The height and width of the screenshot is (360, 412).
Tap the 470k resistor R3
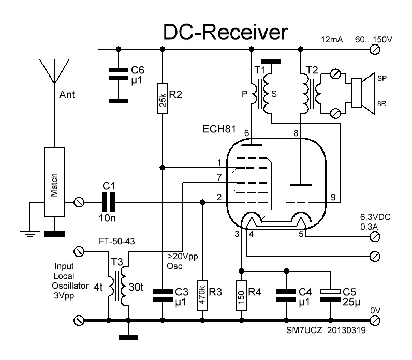pos(203,294)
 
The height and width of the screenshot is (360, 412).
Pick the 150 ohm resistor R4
pos(241,295)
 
